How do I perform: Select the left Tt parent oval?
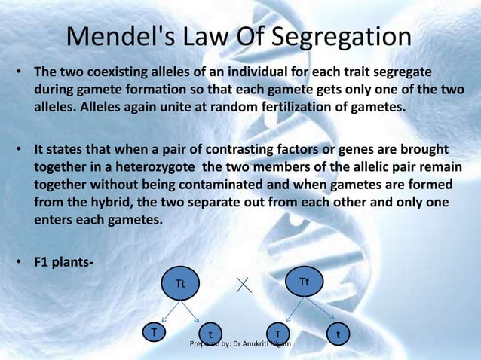[180, 283]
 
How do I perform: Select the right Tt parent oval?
[305, 282]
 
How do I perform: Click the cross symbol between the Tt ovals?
[244, 285]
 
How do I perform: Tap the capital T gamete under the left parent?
[155, 332]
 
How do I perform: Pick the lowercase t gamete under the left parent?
[210, 334]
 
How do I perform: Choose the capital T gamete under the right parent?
[277, 334]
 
